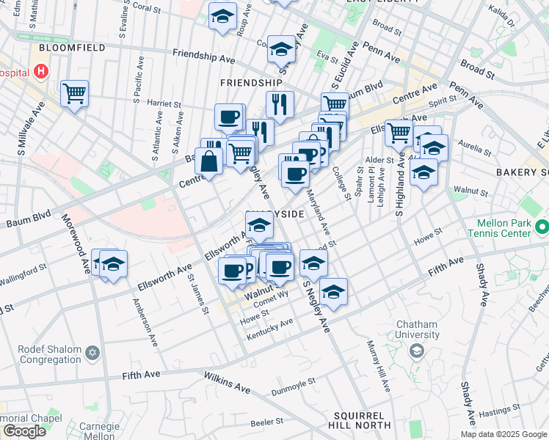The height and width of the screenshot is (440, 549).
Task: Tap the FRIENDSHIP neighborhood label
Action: coord(251,83)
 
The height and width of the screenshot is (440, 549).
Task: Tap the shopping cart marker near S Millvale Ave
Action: coord(75,94)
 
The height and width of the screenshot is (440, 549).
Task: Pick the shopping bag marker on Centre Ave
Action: coord(209,161)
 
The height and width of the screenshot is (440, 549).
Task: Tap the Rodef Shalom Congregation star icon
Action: coord(92,353)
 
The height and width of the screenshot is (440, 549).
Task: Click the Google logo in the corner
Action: coord(24,431)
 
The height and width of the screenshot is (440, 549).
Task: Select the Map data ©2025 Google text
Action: coord(503,434)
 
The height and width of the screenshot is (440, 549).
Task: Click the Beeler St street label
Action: coord(266,422)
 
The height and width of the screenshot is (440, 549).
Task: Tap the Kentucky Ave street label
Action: coord(269,327)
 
